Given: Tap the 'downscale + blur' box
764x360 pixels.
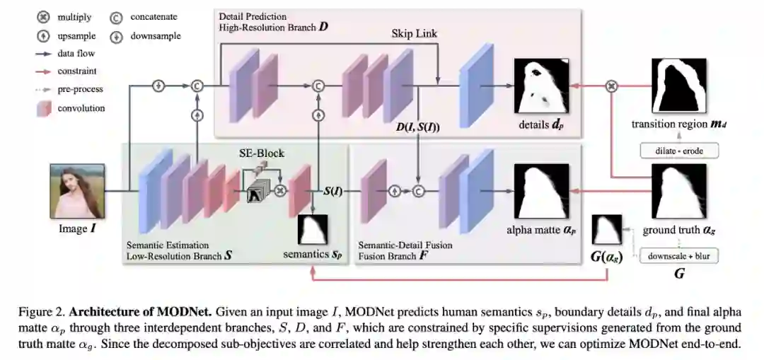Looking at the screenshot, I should point(678,255).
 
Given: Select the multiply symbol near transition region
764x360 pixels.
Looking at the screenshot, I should point(613,86).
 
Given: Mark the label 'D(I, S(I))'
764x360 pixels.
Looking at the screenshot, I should point(418,127).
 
